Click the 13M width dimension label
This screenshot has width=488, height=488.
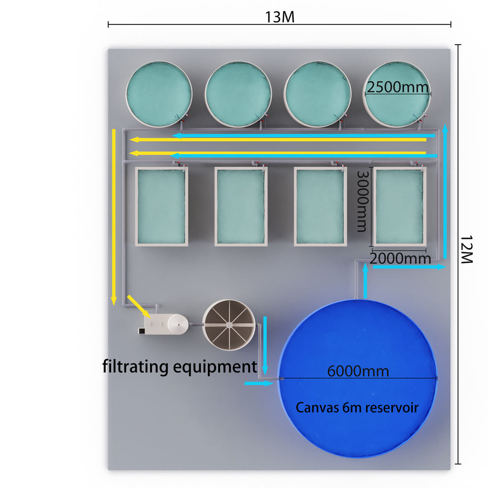pos(280,16)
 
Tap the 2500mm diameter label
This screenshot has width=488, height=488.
pos(398,87)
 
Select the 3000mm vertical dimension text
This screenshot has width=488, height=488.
pos(361,200)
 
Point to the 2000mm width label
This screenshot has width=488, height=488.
pos(400,258)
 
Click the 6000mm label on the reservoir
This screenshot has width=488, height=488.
pos(358,371)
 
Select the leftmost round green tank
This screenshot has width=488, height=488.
pos(159,94)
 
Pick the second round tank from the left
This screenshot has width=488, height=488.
pos(238,94)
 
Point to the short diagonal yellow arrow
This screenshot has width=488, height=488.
pos(138,306)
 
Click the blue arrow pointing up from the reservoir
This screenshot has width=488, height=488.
pos(365,281)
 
